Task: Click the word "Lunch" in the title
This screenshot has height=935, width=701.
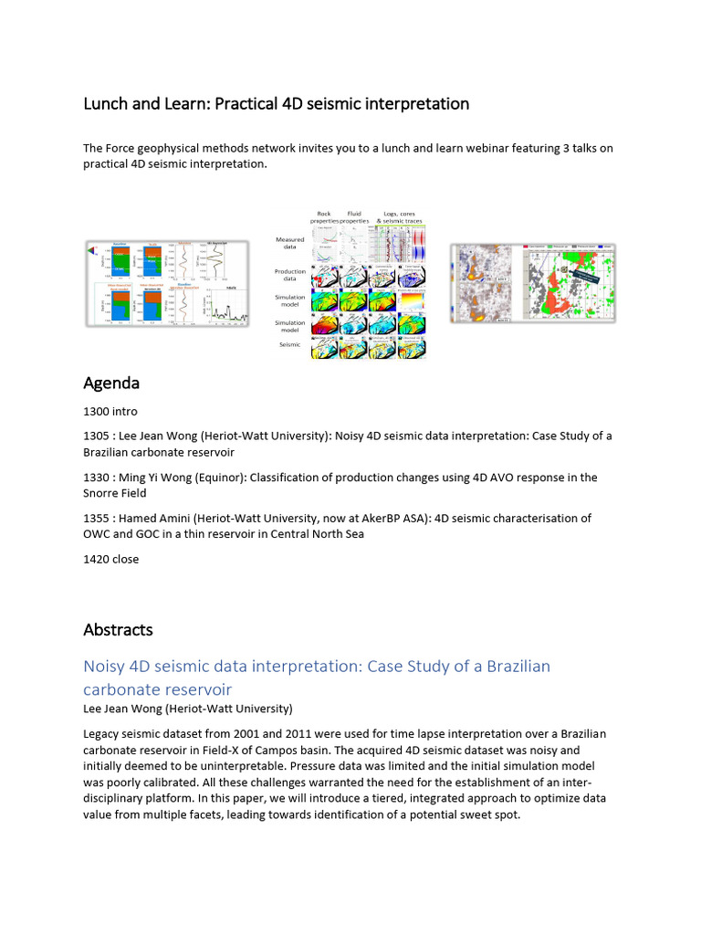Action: pos(107,104)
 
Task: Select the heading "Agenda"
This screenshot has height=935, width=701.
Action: pos(110,382)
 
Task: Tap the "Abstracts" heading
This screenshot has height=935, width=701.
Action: pos(118,630)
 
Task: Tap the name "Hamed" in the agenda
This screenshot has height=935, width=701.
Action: pos(139,519)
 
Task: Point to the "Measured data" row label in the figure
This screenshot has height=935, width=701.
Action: pos(290,244)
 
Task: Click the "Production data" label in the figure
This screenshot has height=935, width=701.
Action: pos(290,275)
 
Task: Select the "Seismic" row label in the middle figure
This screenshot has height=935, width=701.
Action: pos(290,344)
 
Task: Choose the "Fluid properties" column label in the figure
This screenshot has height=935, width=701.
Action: pos(354,217)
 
